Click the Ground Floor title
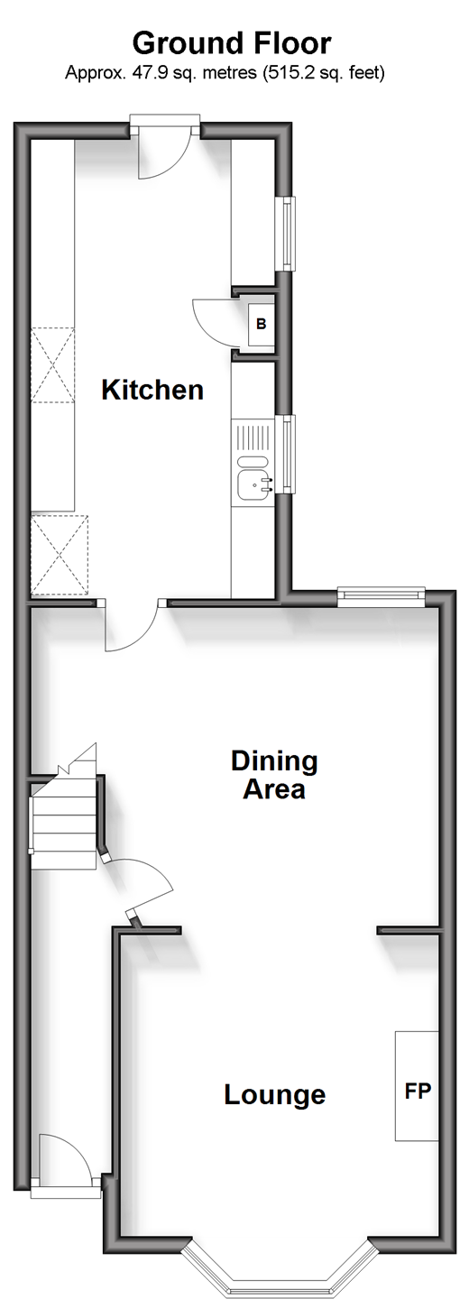click(232, 44)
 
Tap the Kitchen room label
click(152, 390)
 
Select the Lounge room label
click(274, 1095)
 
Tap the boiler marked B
click(262, 324)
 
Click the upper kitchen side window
click(288, 234)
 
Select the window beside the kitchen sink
click(288, 454)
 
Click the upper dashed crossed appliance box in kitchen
click(52, 365)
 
